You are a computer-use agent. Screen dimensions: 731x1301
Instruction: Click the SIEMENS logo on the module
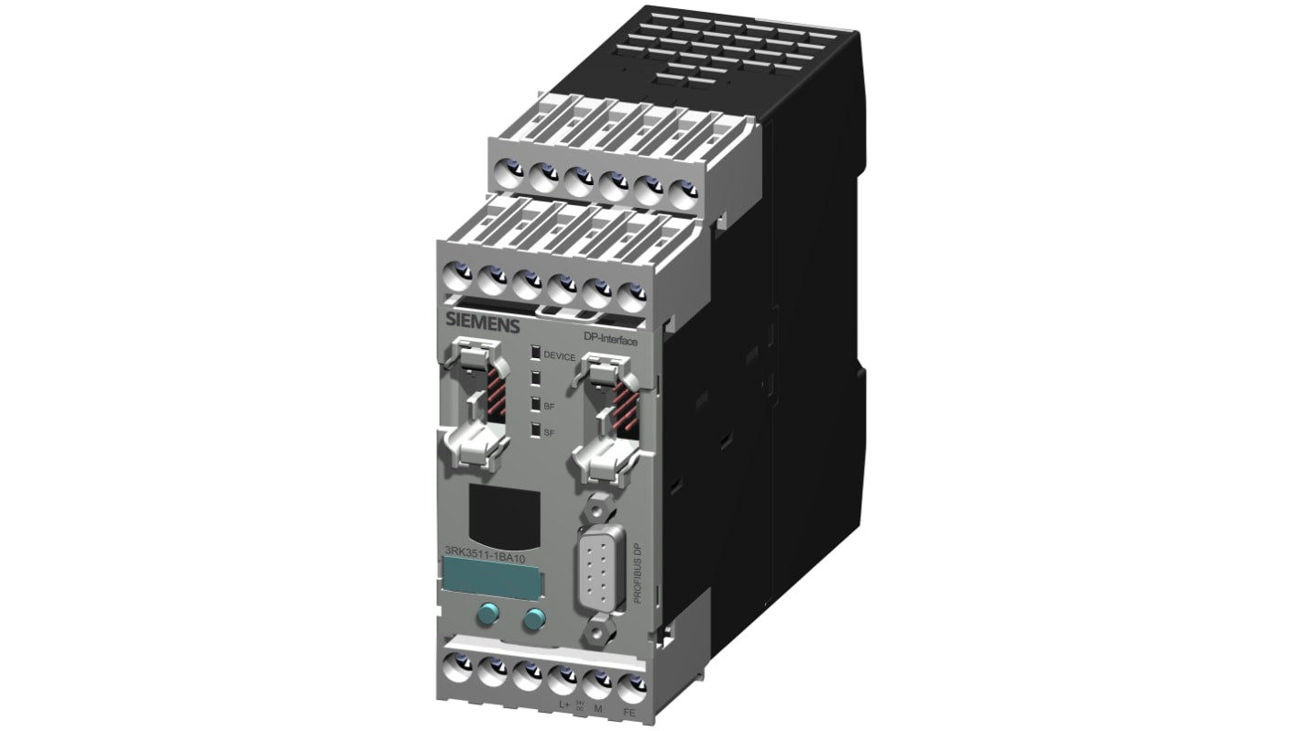482,324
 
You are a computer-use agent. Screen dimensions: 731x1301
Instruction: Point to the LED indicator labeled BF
534,402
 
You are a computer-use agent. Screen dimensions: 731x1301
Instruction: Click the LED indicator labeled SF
534,428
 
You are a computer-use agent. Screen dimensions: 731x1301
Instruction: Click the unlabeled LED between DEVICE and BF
534,377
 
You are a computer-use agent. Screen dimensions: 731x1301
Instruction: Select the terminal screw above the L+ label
561,681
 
